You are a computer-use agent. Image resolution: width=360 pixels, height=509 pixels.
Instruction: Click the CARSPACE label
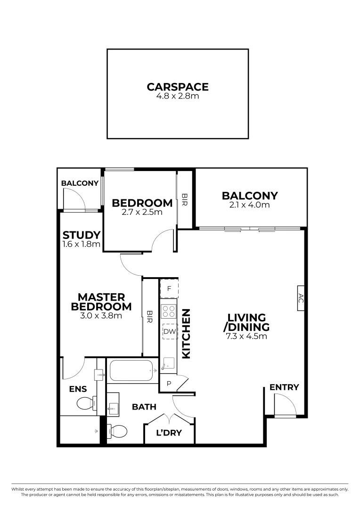click(177, 87)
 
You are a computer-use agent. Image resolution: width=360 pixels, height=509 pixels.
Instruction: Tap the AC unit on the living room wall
click(301, 298)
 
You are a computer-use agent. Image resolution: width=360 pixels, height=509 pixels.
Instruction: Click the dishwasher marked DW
click(169, 332)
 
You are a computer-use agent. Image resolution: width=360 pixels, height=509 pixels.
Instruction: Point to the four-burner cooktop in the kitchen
click(169, 311)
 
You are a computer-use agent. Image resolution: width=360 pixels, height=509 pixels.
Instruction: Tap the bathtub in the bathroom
click(131, 371)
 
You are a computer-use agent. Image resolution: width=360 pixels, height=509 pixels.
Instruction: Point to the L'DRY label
click(169, 433)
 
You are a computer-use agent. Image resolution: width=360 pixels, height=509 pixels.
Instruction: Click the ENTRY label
click(284, 387)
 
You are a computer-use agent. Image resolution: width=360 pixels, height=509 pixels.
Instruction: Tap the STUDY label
click(82, 235)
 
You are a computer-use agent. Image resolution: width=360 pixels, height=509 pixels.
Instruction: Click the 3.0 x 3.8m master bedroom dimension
click(101, 316)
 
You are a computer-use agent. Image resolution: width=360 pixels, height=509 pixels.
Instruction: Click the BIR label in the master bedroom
click(150, 316)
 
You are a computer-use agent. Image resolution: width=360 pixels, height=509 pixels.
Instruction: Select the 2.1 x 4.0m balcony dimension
click(250, 205)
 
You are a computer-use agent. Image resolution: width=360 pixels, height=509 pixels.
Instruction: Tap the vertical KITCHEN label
click(186, 334)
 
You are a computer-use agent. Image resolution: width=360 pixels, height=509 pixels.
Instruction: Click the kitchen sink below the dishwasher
click(168, 363)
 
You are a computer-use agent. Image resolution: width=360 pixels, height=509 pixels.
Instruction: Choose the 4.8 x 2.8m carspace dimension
click(177, 96)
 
